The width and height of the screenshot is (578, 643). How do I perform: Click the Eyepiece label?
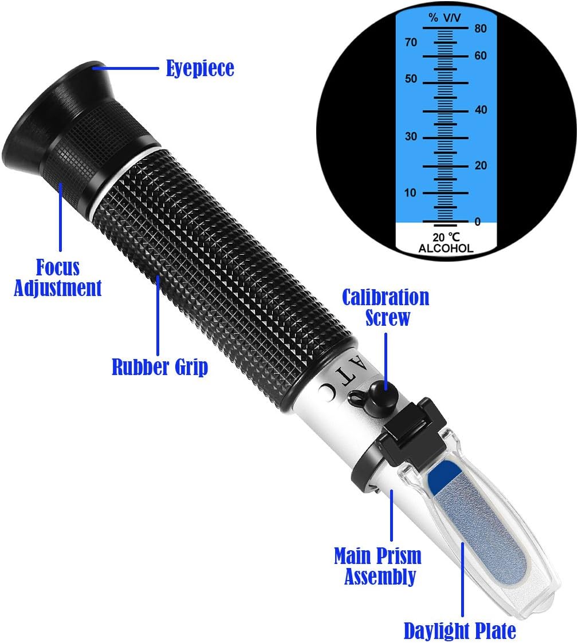200,68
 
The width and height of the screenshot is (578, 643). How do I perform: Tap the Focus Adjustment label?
57,278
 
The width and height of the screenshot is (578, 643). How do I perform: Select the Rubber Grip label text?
160,366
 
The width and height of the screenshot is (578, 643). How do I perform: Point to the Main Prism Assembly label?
378,566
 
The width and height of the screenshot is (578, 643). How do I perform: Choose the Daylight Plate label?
460,630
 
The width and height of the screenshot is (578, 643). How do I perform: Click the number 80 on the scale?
481,28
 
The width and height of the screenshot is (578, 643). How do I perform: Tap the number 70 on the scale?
411,42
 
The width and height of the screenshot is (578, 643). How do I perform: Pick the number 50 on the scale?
411,79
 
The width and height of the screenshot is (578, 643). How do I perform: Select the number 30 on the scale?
411,136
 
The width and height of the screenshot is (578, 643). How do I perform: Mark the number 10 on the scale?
410,192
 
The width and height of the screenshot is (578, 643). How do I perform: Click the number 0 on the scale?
478,222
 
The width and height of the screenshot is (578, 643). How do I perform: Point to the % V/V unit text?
445,18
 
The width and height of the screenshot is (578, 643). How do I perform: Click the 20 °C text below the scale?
446,237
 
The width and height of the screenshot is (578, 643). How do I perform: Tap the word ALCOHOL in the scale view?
446,248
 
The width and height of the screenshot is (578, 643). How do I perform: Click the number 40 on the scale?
481,109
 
